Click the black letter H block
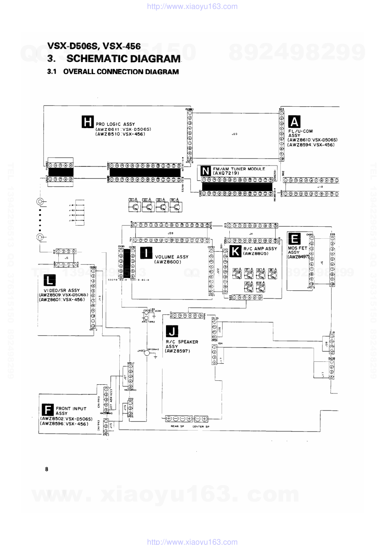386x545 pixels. (x=88, y=121)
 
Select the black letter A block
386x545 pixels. (x=294, y=122)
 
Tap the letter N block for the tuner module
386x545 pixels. (x=206, y=171)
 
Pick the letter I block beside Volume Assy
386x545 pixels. (x=146, y=253)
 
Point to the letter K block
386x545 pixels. (x=235, y=251)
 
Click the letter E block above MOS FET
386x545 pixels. (x=294, y=239)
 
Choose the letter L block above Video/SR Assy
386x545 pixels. (x=49, y=280)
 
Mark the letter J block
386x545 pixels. (x=172, y=331)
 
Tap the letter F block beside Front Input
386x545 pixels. (x=47, y=410)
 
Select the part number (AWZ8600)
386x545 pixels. (x=168, y=262)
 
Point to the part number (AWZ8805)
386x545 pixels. (x=255, y=253)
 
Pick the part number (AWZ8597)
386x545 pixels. (x=177, y=351)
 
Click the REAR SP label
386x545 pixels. (x=177, y=426)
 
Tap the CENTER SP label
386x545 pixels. (x=201, y=426)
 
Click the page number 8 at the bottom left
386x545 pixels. (x=47, y=469)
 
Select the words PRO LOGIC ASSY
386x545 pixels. (x=115, y=124)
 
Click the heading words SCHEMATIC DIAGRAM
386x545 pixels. (x=123, y=59)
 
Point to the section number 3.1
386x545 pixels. (x=52, y=72)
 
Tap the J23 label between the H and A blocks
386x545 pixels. (x=234, y=134)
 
